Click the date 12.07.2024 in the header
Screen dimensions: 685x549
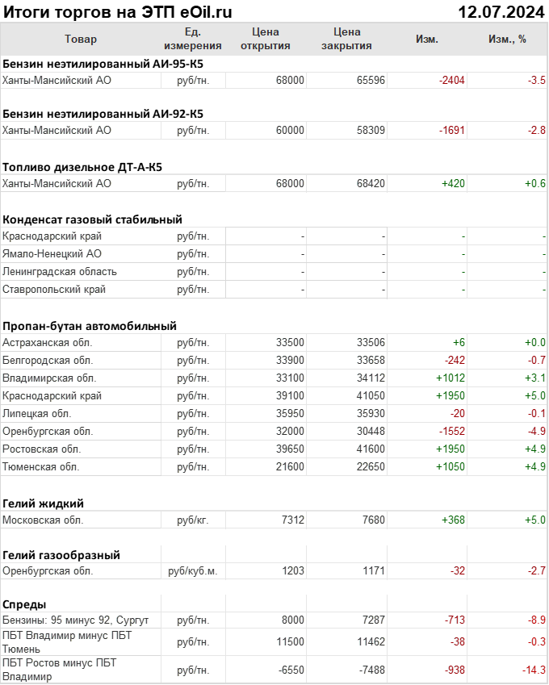pyautogui.click(x=501, y=12)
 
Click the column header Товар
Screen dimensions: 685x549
pyautogui.click(x=80, y=39)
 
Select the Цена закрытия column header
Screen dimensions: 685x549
pyautogui.click(x=346, y=39)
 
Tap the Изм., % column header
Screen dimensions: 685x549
pyautogui.click(x=507, y=39)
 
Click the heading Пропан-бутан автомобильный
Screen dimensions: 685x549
pyautogui.click(x=89, y=326)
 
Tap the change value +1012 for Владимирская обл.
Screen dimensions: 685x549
pyautogui.click(x=451, y=378)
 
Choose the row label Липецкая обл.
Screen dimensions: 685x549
pyautogui.click(x=36, y=413)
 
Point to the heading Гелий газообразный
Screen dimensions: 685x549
pyautogui.click(x=61, y=554)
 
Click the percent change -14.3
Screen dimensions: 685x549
pyautogui.click(x=533, y=670)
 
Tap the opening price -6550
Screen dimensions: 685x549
pyautogui.click(x=288, y=670)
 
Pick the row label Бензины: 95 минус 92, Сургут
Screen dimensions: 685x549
pyautogui.click(x=76, y=620)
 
